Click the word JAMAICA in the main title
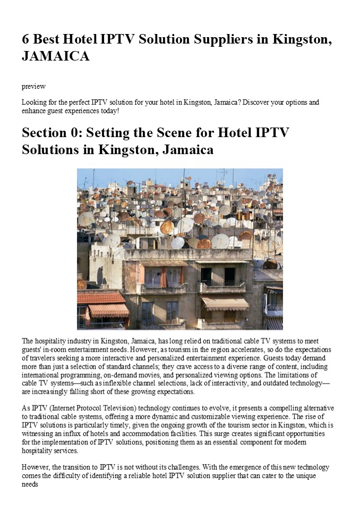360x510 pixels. point(55,56)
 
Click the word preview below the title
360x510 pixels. point(33,86)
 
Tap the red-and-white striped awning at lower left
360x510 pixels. point(108,311)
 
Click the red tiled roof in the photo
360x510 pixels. point(100,297)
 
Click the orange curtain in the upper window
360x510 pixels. point(163,277)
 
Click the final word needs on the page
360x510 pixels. point(31,484)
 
